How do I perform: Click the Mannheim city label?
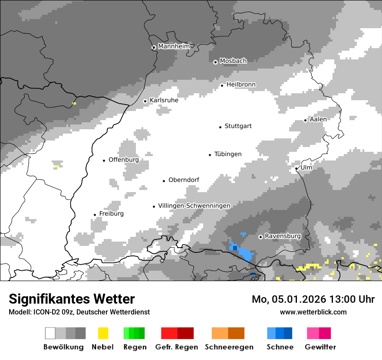pos(174,46)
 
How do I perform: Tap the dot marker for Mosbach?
pos(215,62)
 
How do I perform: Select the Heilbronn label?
pos(241,84)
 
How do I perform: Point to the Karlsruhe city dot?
pos(145,101)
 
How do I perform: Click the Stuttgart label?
pos(238,126)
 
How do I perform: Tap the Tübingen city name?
pos(228,154)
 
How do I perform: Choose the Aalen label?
pos(318,119)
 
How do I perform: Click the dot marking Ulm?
pos(296,168)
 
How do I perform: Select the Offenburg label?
pos(124,160)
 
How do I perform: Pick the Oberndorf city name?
pos(184,180)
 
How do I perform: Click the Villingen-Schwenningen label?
pos(194,206)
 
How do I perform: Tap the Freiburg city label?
pos(111,214)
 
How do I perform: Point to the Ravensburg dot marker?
pos(260,237)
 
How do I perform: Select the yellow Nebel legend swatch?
pos(103,333)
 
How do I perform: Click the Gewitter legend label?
pos(320,347)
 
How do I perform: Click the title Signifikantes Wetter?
pos(72,299)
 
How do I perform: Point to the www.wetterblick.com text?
pos(313,312)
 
